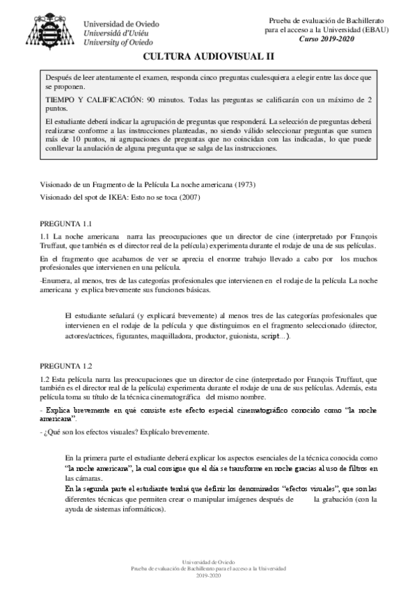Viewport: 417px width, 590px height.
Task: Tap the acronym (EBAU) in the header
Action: tap(376, 30)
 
